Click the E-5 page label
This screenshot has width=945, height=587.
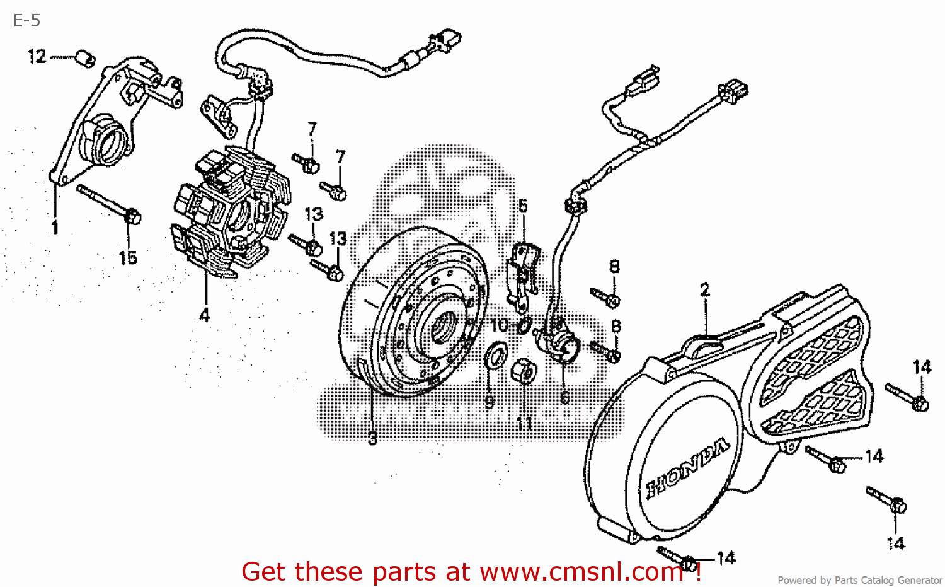[26, 21]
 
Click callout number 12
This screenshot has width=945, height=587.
[37, 57]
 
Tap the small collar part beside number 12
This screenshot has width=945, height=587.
[85, 59]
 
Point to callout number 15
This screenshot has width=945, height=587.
[128, 257]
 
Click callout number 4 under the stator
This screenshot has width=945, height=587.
[205, 315]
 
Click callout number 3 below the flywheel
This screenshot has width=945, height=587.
[373, 438]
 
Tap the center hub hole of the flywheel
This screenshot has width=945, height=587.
[443, 328]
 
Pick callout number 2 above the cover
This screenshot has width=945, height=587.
[705, 290]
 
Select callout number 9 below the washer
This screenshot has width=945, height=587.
[490, 402]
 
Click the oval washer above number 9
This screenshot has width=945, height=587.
[496, 356]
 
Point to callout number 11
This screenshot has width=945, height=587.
[524, 422]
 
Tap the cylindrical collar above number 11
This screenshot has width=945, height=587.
[524, 371]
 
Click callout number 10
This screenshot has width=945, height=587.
[499, 325]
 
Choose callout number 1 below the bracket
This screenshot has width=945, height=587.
[55, 228]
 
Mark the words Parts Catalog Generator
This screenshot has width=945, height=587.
[888, 580]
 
